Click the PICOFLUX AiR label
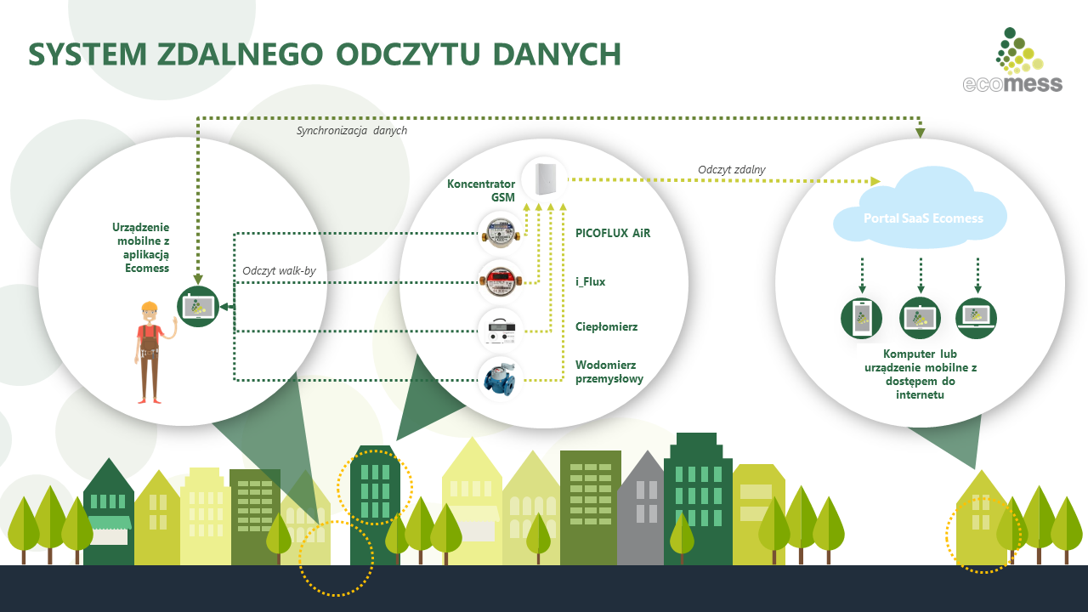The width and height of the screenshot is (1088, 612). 613,232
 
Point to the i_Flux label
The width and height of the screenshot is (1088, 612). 591,281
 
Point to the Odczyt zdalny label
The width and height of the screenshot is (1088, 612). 731,170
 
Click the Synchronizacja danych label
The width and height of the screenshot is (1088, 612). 351,131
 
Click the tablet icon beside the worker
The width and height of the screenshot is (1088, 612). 198,306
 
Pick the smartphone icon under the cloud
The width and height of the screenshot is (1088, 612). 861,318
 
